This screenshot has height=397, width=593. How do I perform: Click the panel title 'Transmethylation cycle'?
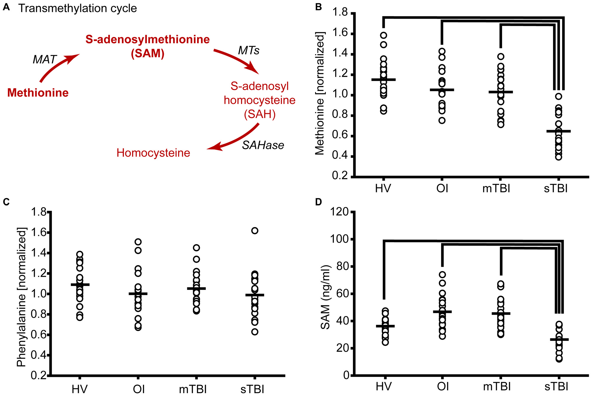point(78,9)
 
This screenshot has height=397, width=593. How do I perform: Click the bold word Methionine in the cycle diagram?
point(38,93)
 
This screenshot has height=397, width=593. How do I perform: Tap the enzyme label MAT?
point(44,60)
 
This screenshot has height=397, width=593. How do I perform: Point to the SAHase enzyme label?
point(263,145)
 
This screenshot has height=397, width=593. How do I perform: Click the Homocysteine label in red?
point(153,153)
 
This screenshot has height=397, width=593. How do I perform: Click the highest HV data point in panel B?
point(383,35)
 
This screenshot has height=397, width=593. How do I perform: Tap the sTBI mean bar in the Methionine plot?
point(558,131)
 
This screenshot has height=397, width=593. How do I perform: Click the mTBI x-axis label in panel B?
point(496,188)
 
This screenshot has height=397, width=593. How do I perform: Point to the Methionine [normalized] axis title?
point(320,93)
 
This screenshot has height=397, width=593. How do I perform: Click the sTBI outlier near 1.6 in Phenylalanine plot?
point(255,231)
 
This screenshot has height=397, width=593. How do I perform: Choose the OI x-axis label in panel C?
point(139,389)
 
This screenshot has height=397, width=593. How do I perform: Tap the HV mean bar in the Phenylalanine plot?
point(80,284)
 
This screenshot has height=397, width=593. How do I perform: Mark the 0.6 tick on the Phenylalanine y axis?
point(39,335)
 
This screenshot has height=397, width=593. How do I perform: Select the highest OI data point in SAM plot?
point(442,275)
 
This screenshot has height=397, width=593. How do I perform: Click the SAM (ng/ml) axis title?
point(325,297)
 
